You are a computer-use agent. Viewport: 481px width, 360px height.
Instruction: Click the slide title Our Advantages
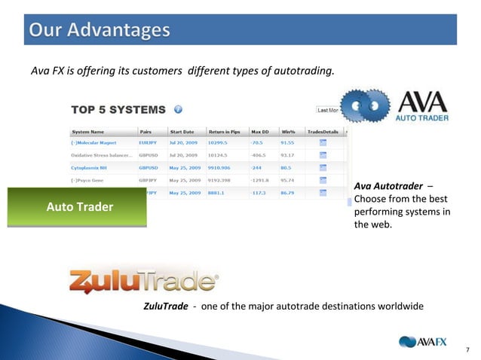click(x=100, y=31)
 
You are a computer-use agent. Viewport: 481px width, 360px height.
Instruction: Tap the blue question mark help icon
click(x=178, y=109)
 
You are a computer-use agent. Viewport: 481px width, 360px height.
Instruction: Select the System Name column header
click(x=88, y=130)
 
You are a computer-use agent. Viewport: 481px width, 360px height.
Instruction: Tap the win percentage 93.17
click(x=287, y=154)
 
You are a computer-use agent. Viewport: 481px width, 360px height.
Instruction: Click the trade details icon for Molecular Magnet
click(x=323, y=142)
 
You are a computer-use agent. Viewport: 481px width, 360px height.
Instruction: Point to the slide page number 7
click(x=467, y=349)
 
